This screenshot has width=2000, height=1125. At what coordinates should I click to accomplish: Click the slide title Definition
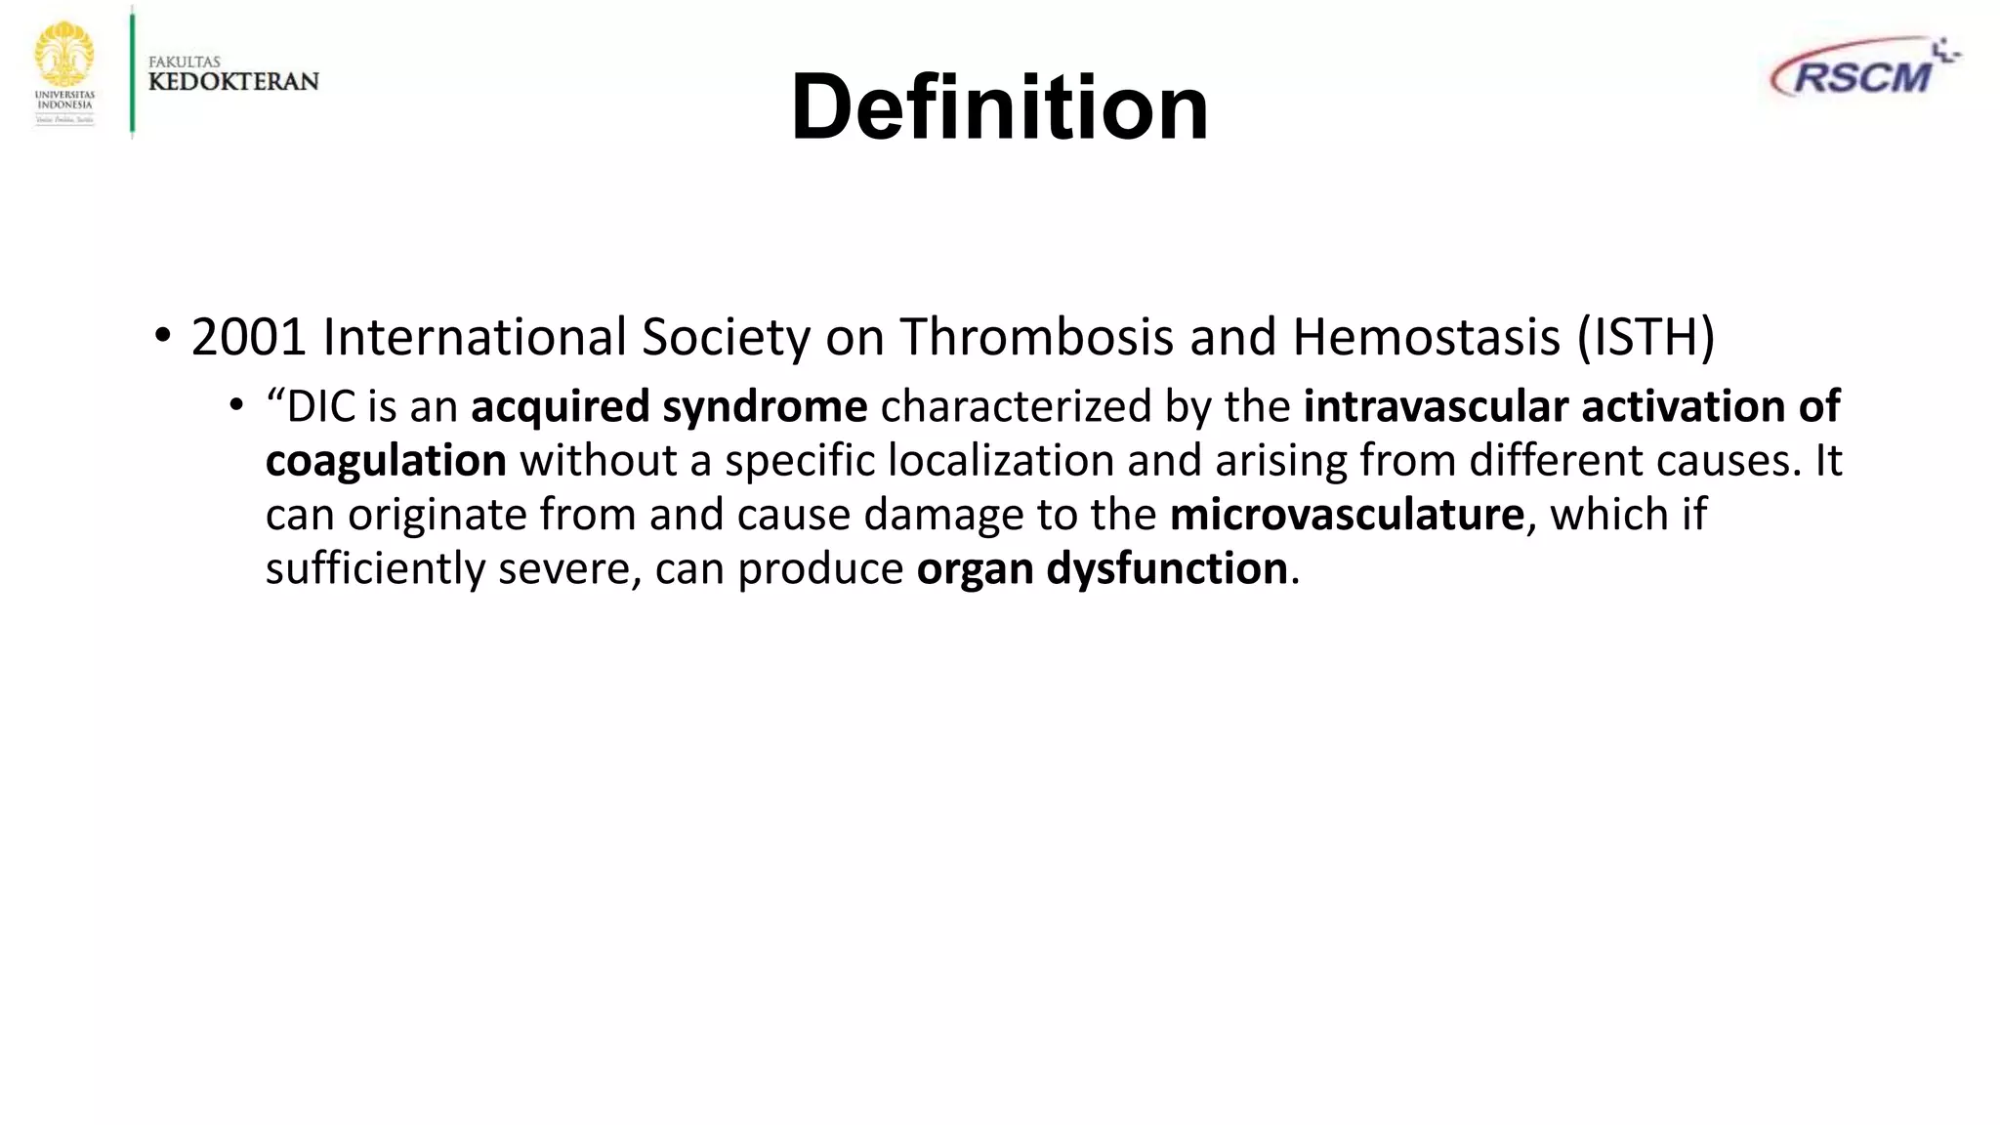pyautogui.click(x=999, y=107)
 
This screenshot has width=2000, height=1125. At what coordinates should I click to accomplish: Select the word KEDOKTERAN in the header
pyautogui.click(x=233, y=82)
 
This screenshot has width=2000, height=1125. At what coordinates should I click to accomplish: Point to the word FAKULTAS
pyautogui.click(x=185, y=62)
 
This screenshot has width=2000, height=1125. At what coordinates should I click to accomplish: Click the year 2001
pyautogui.click(x=249, y=337)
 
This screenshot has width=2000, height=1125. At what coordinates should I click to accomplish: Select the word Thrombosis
pyautogui.click(x=1036, y=337)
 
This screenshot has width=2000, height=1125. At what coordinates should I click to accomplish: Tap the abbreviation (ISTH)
pyautogui.click(x=1646, y=337)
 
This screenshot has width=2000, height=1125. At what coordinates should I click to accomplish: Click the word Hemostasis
pyautogui.click(x=1426, y=337)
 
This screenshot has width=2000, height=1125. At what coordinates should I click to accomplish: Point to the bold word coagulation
pyautogui.click(x=386, y=461)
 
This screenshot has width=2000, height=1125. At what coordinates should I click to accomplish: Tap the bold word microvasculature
pyautogui.click(x=1347, y=515)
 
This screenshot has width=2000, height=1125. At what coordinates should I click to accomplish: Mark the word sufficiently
pyautogui.click(x=375, y=568)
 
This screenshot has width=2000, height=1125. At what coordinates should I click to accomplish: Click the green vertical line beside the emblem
pyautogui.click(x=132, y=70)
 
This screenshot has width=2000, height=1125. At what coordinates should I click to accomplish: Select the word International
pyautogui.click(x=475, y=337)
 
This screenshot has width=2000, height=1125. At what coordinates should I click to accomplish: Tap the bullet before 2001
pyautogui.click(x=162, y=337)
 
